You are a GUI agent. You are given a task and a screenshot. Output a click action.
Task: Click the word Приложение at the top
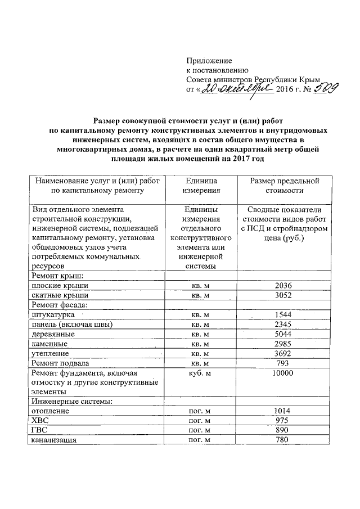(x=209, y=60)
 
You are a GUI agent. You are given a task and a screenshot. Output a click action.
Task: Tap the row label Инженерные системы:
(x=73, y=402)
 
